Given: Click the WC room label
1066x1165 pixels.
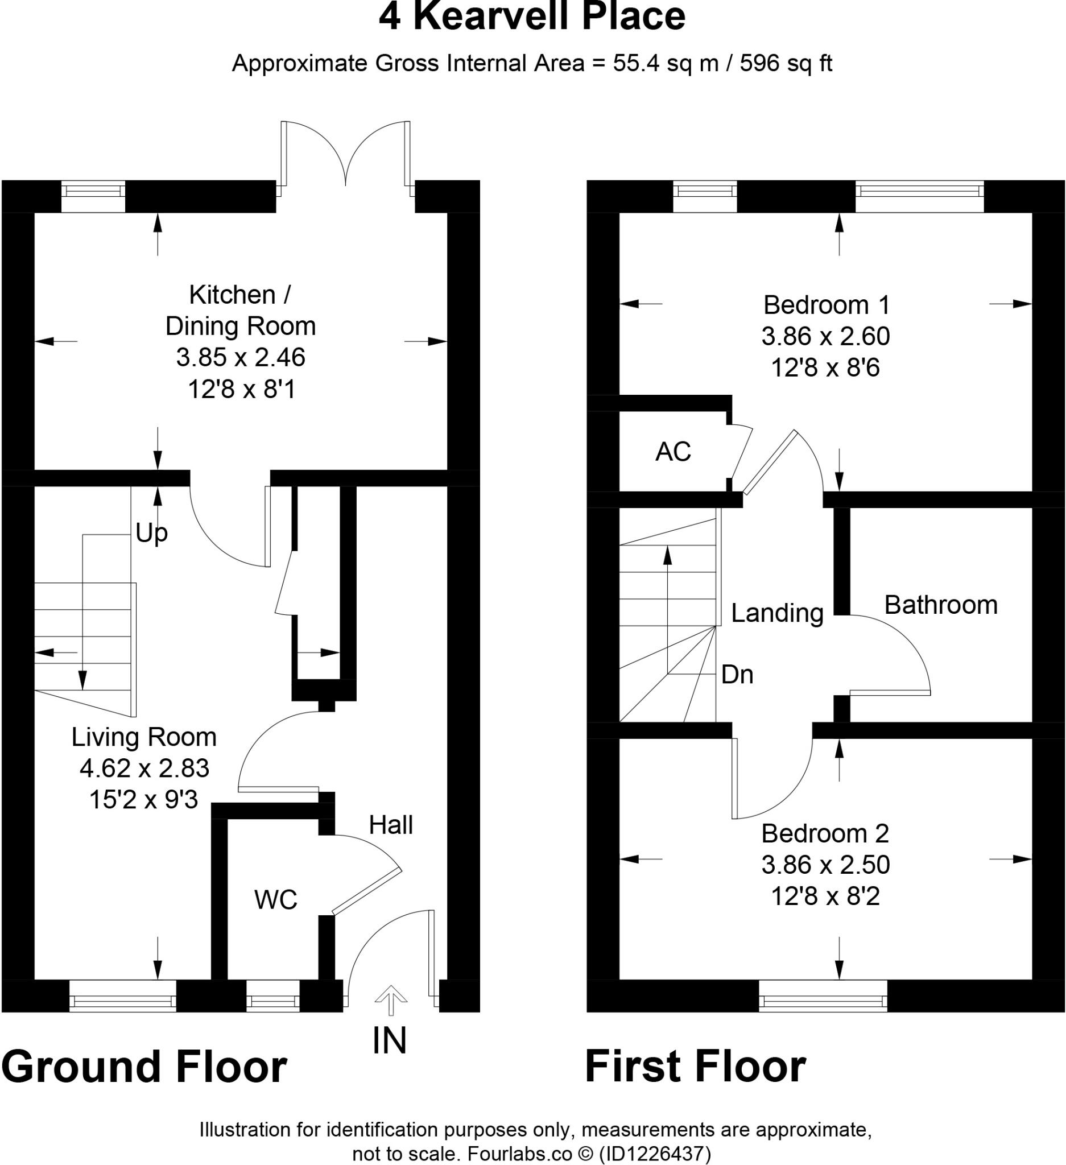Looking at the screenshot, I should coord(275,900).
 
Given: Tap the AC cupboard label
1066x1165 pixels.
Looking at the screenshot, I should coord(672,451).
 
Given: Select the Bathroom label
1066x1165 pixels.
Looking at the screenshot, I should coord(941,605).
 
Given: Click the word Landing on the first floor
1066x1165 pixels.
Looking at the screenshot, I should coord(776,613).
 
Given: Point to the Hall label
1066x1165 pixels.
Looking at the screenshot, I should coord(391,825).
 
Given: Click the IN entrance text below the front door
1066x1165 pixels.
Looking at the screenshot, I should coord(390,1041).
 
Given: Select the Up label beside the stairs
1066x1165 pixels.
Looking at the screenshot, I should coord(151,533).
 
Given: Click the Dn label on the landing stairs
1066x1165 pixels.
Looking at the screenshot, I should coord(737,675).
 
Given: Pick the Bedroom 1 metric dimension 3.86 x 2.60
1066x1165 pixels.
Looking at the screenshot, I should coord(825,336).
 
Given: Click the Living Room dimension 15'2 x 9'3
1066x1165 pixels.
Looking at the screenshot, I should coord(143,800).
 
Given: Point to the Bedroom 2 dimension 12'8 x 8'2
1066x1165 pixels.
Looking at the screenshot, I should coord(825,897).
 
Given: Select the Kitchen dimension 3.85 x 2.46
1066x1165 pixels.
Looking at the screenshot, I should coord(241,358).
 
